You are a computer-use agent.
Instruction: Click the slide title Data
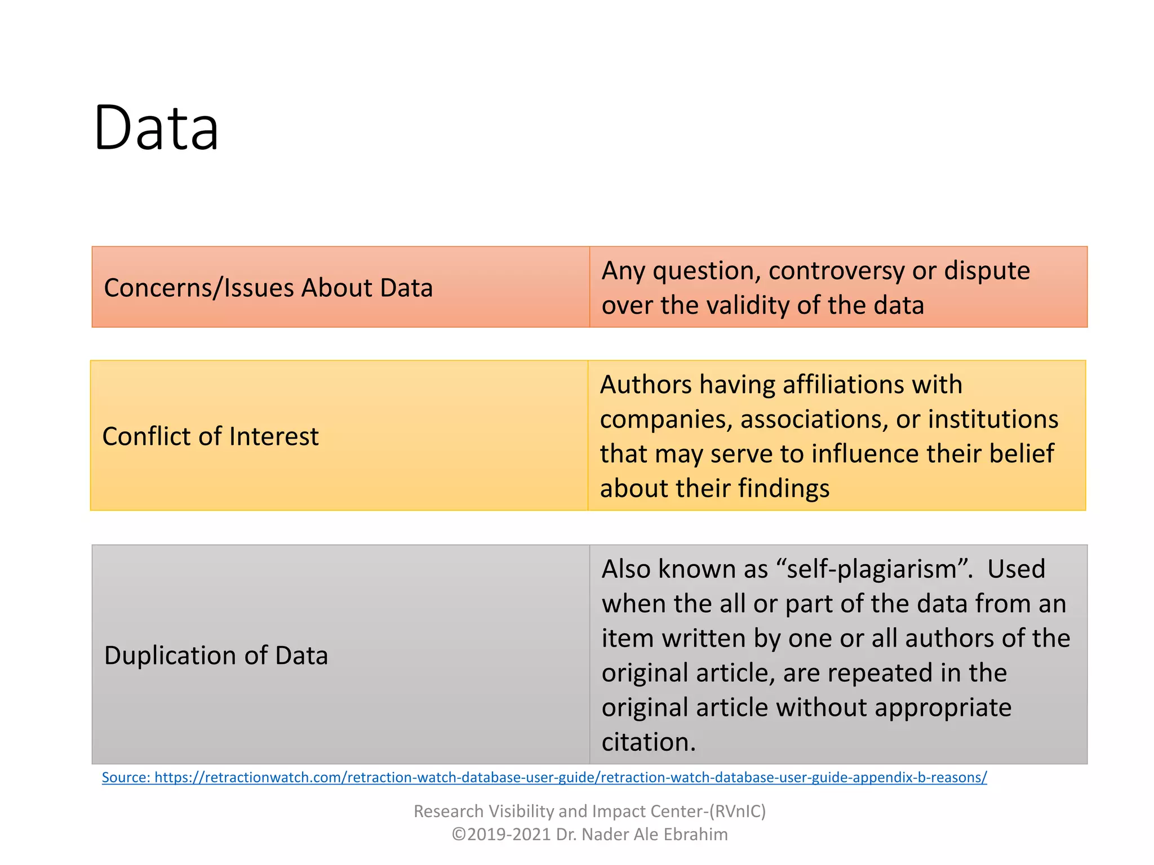click(156, 128)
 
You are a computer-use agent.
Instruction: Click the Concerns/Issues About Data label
click(268, 288)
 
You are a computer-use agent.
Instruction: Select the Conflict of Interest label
click(210, 436)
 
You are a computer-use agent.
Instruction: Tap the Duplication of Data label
click(216, 656)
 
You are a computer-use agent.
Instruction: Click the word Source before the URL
click(125, 778)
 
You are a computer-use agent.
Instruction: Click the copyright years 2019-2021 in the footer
click(509, 835)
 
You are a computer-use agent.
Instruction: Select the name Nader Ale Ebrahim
click(654, 835)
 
